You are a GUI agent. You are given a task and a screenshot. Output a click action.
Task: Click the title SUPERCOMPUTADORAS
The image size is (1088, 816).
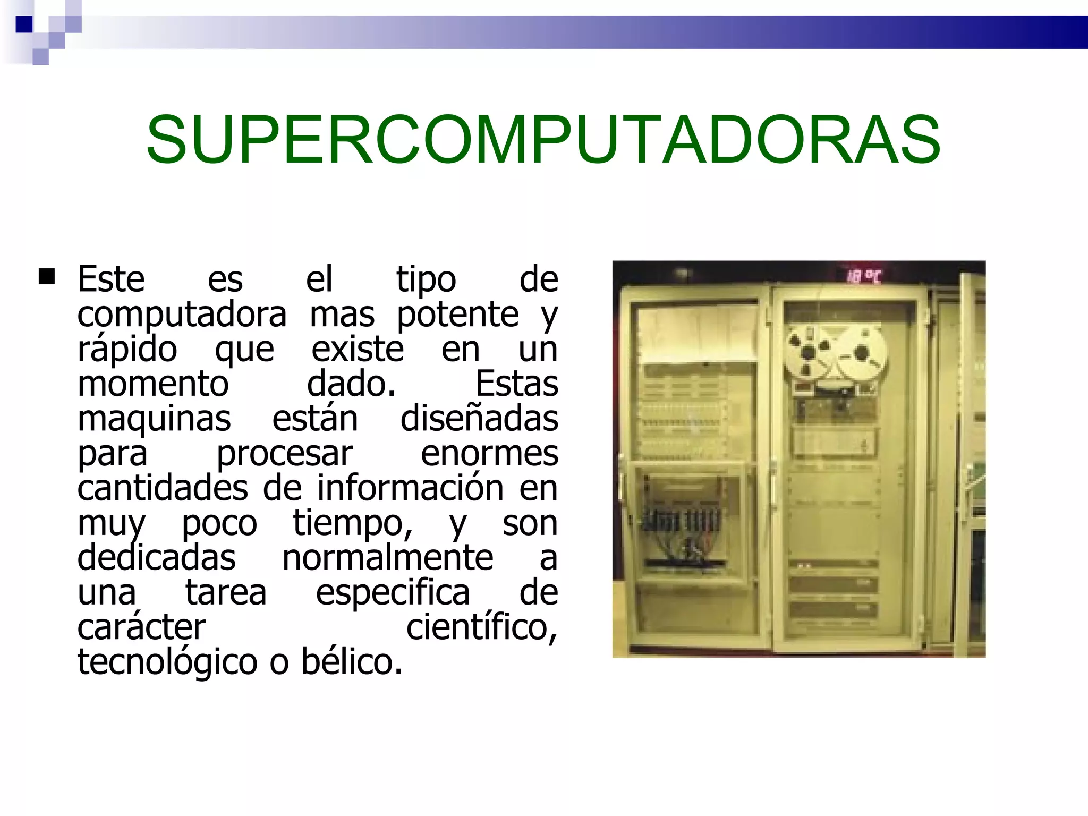pyautogui.click(x=543, y=140)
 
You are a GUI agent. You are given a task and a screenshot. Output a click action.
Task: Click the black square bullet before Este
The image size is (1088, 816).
pyautogui.click(x=47, y=277)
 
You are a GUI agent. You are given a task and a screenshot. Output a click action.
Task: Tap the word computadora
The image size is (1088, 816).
pyautogui.click(x=182, y=314)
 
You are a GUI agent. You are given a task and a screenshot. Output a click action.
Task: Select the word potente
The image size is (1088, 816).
pyautogui.click(x=457, y=314)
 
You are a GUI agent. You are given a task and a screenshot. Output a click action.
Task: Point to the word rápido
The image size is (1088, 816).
pyautogui.click(x=127, y=350)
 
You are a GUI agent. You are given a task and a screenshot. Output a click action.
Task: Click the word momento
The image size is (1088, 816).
pyautogui.click(x=153, y=384)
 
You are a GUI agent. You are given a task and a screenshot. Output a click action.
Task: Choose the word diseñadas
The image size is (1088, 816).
pyautogui.click(x=479, y=419)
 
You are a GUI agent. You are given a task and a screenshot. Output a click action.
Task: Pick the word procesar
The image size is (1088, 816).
pyautogui.click(x=284, y=454)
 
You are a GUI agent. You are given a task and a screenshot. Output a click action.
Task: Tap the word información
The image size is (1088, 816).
pyautogui.click(x=410, y=488)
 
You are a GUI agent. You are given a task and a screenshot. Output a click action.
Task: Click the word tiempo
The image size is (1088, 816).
pyautogui.click(x=352, y=523)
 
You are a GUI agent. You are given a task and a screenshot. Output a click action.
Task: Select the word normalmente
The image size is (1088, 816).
pyautogui.click(x=387, y=558)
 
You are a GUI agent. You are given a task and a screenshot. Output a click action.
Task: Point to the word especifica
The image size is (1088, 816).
pyautogui.click(x=393, y=593)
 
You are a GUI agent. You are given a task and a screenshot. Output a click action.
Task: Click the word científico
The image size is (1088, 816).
pyautogui.click(x=481, y=627)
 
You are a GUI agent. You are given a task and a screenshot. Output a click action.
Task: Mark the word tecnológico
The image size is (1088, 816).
pyautogui.click(x=167, y=662)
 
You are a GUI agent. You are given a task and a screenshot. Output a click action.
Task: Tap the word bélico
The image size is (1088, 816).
pyautogui.click(x=352, y=662)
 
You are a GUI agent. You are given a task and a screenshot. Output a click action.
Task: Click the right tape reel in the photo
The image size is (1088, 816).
pyautogui.click(x=862, y=353)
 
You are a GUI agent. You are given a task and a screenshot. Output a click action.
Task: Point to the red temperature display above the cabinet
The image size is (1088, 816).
pyautogui.click(x=863, y=276)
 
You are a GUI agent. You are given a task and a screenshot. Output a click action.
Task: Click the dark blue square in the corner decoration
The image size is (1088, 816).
pyautogui.click(x=24, y=24)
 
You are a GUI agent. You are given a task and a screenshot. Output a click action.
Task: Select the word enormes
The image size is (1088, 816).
pyautogui.click(x=489, y=454)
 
